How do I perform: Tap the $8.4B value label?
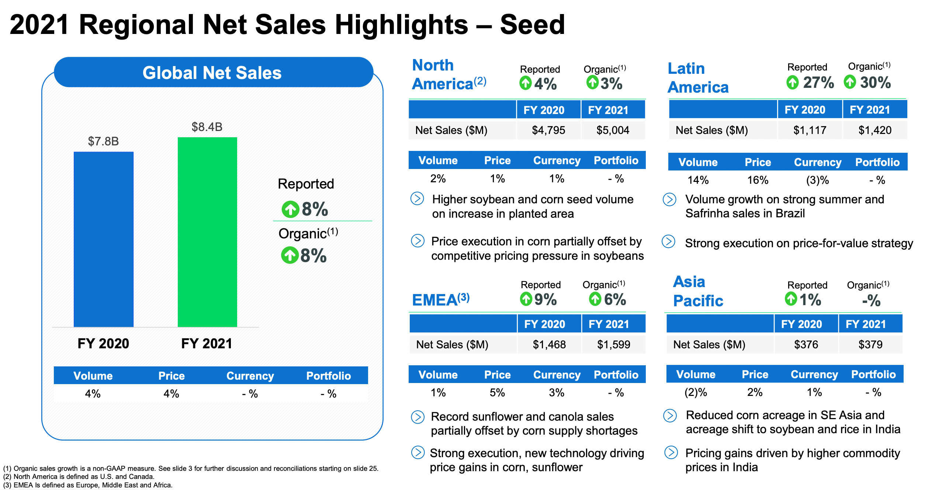coord(207,127)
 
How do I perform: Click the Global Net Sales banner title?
coord(212,73)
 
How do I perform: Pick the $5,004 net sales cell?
coord(613,130)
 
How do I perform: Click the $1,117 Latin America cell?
coord(810,130)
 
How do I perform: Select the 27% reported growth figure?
coord(818,83)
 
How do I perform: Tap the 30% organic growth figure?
coord(875,83)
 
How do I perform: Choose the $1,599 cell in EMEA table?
coord(613,345)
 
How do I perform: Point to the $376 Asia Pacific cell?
coord(806,345)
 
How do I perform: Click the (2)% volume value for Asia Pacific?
coord(696,392)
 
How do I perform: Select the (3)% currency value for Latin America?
coord(817,180)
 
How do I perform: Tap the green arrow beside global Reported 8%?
coord(290,210)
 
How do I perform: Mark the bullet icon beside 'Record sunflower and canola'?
coord(418,417)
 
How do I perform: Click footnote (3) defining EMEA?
coord(88,485)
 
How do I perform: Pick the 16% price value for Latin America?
coord(758,180)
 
